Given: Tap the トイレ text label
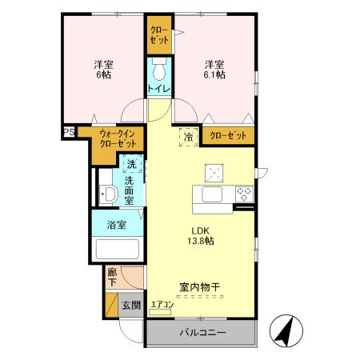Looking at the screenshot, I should click(158, 88).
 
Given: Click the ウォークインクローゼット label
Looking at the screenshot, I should click(118, 138).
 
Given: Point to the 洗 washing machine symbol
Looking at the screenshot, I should click(133, 165).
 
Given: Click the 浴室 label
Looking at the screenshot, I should click(117, 225).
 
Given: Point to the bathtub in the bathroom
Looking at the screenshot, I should click(118, 249).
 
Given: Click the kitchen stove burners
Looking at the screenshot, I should click(244, 194).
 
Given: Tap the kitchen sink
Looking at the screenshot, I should click(214, 194).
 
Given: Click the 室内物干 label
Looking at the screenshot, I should click(199, 286).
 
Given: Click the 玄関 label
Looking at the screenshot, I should click(131, 306).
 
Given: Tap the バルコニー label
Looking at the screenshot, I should click(202, 333).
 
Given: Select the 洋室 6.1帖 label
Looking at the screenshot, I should click(214, 69).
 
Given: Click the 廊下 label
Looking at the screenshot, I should click(112, 278).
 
